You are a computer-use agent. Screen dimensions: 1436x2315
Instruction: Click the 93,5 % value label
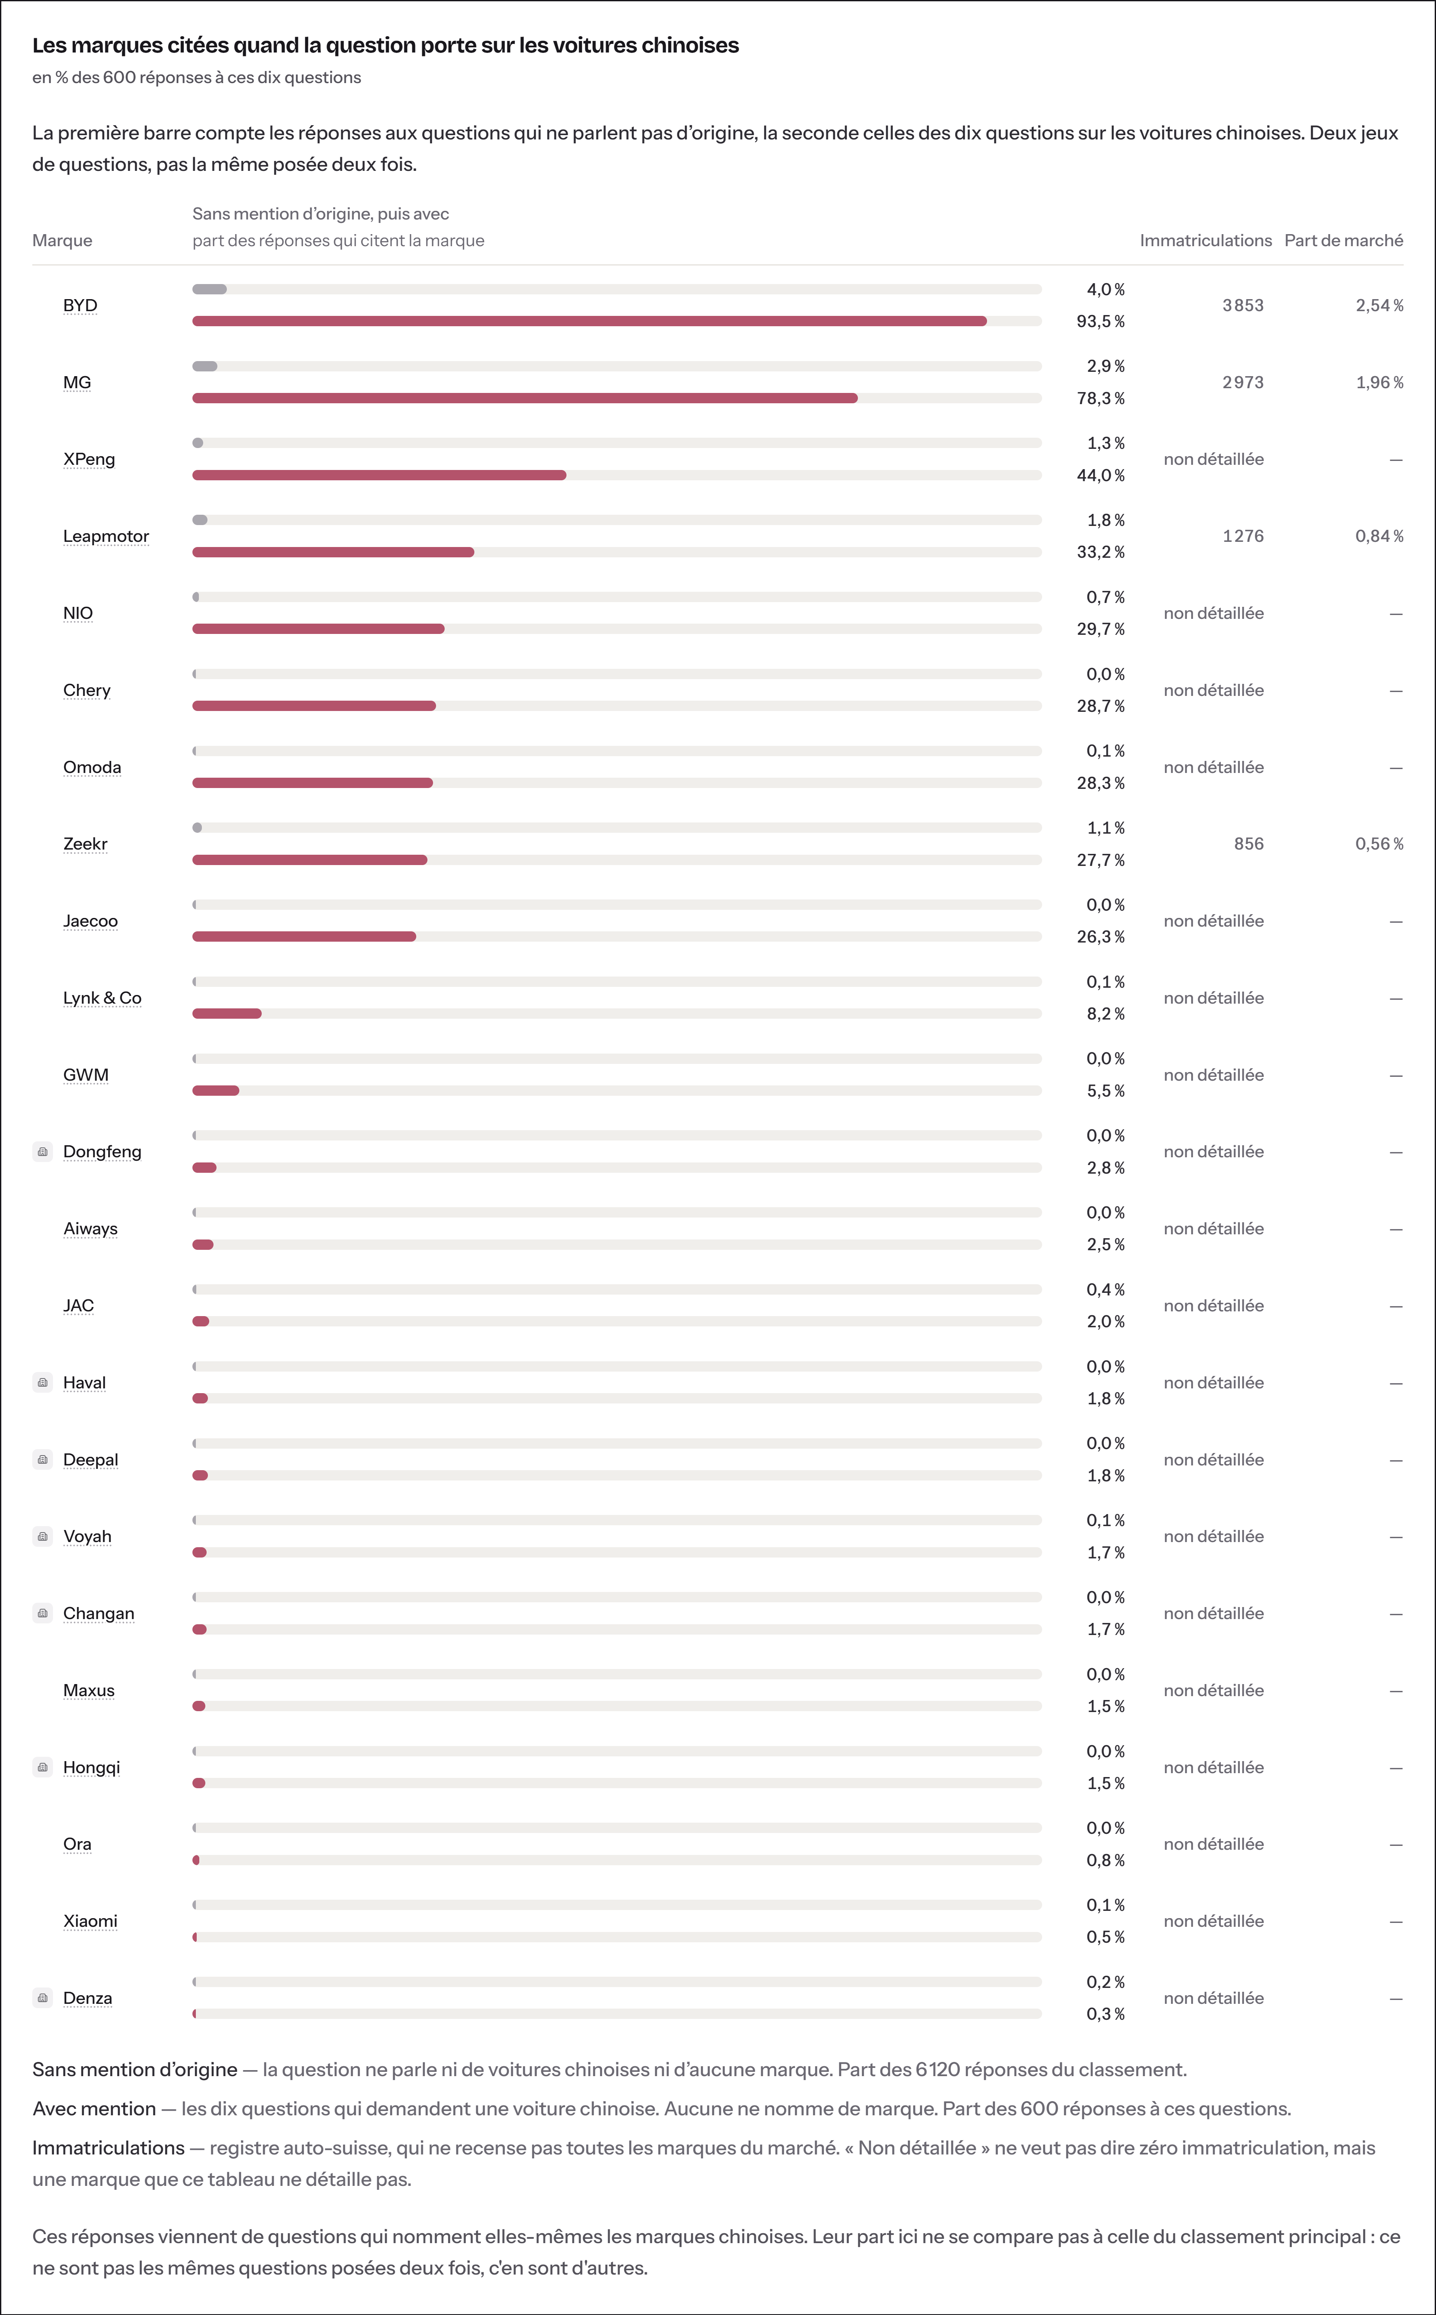coord(1101,321)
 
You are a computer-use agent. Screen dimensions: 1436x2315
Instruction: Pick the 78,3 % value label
coord(1101,398)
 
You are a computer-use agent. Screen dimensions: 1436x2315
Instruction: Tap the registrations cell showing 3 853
coord(1243,305)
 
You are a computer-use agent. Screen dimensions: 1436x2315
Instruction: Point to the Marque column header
coord(63,240)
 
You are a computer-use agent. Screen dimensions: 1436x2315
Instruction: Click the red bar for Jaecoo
coord(304,936)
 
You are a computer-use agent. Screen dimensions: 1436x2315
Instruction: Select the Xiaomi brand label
coord(90,1921)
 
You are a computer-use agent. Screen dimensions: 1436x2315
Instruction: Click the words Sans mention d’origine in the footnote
coord(135,2069)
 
